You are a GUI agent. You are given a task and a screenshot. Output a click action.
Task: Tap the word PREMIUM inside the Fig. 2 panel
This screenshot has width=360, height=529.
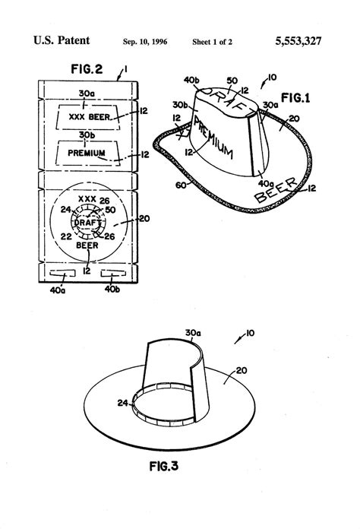point(87,154)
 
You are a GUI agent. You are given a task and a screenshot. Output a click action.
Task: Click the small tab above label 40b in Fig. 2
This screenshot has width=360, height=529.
point(112,272)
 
